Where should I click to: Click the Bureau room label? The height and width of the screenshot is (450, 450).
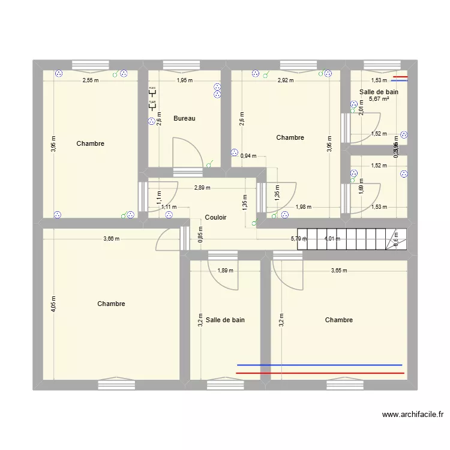tap(184, 119)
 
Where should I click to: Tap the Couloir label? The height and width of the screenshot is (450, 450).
tap(215, 218)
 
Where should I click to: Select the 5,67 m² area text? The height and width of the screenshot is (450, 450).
tap(379, 100)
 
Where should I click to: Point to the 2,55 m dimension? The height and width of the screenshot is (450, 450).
tap(90, 80)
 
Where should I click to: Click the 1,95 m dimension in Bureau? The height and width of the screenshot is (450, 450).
tap(184, 80)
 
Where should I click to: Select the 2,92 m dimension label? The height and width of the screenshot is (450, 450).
tap(286, 80)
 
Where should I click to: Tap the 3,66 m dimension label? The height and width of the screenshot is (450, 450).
tap(111, 238)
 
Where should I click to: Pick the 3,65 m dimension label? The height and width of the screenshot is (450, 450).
tap(339, 270)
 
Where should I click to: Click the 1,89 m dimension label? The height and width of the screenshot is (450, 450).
tap(225, 270)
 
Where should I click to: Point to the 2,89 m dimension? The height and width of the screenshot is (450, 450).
tap(202, 188)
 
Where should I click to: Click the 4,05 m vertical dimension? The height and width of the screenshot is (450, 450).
tap(53, 304)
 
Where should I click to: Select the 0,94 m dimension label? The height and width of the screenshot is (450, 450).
tap(248, 156)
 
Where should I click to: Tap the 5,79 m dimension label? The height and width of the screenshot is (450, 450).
tap(299, 238)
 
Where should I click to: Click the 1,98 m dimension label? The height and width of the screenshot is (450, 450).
tap(303, 207)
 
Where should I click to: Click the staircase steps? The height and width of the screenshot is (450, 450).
tap(353, 238)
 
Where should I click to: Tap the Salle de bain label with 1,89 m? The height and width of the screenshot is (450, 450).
tap(225, 320)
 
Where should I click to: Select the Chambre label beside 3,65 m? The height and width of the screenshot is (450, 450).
tap(338, 320)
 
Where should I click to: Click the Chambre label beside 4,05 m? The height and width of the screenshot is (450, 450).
tap(111, 304)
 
